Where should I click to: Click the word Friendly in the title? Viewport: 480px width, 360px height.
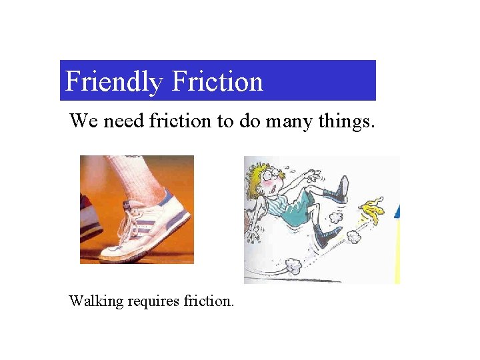point(113,82)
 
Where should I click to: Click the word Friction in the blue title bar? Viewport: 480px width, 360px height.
point(217,82)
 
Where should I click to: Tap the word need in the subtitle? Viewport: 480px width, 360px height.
point(123,121)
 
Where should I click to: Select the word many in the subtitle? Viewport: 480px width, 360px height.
point(287,121)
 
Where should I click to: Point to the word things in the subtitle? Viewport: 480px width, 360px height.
point(345,121)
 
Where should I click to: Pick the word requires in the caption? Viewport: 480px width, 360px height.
point(151,301)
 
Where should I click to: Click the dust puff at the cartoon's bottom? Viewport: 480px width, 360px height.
point(293,267)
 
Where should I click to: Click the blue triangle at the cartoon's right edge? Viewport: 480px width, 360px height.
point(397,212)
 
